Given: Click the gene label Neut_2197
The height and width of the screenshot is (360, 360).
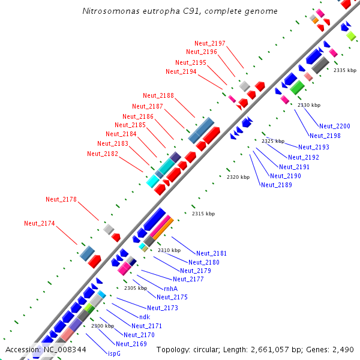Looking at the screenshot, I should tap(210, 43).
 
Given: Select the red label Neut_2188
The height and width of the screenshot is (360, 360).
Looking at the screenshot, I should tap(158, 95).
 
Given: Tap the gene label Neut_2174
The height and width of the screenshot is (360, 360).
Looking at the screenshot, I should tap(40, 223).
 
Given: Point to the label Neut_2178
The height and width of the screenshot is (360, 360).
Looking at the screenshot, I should tap(61, 199).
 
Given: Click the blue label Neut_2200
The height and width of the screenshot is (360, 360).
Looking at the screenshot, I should tap(335, 126).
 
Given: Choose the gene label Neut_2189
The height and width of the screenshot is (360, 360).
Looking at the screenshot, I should tap(277, 185).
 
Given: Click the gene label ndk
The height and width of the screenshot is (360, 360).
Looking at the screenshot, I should tap(145, 316).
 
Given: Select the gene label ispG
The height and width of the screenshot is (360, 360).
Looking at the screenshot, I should tap(113, 353).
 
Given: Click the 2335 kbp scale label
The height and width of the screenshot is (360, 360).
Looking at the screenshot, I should tap(345, 70).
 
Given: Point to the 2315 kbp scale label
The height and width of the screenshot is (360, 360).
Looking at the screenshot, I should tap(203, 214).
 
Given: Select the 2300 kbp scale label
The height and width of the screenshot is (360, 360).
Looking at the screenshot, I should tap(103, 326).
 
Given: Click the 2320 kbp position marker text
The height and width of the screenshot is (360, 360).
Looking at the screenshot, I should tap(238, 177).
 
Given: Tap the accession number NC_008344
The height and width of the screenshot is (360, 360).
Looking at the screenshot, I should tap(65, 349).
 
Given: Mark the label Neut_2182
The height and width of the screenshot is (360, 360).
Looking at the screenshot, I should tap(103, 154).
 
